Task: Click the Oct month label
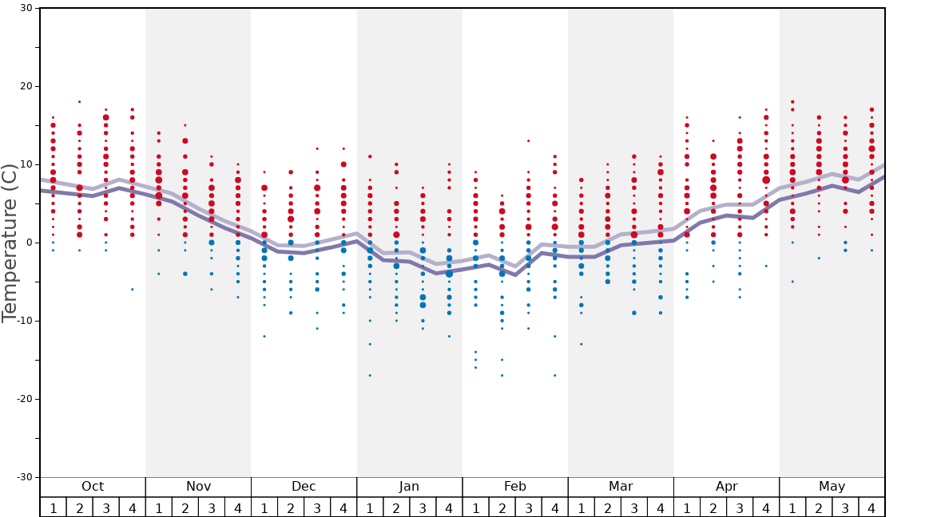[x=93, y=487]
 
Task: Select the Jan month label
[x=409, y=487]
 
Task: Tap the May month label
[x=832, y=487]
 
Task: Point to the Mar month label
[x=621, y=487]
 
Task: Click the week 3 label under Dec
[x=317, y=507]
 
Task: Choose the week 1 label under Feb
[x=475, y=507]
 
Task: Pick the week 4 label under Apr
[x=766, y=507]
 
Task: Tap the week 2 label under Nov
[x=185, y=507]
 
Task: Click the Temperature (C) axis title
[x=10, y=243]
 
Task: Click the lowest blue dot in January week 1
[x=370, y=375]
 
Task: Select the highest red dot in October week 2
[x=79, y=101]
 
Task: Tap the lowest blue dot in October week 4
[x=133, y=289]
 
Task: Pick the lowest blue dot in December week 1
[x=264, y=336]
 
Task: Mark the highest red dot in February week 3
[x=528, y=140]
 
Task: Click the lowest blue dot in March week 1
[x=582, y=344]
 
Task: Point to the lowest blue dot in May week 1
[x=792, y=281]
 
